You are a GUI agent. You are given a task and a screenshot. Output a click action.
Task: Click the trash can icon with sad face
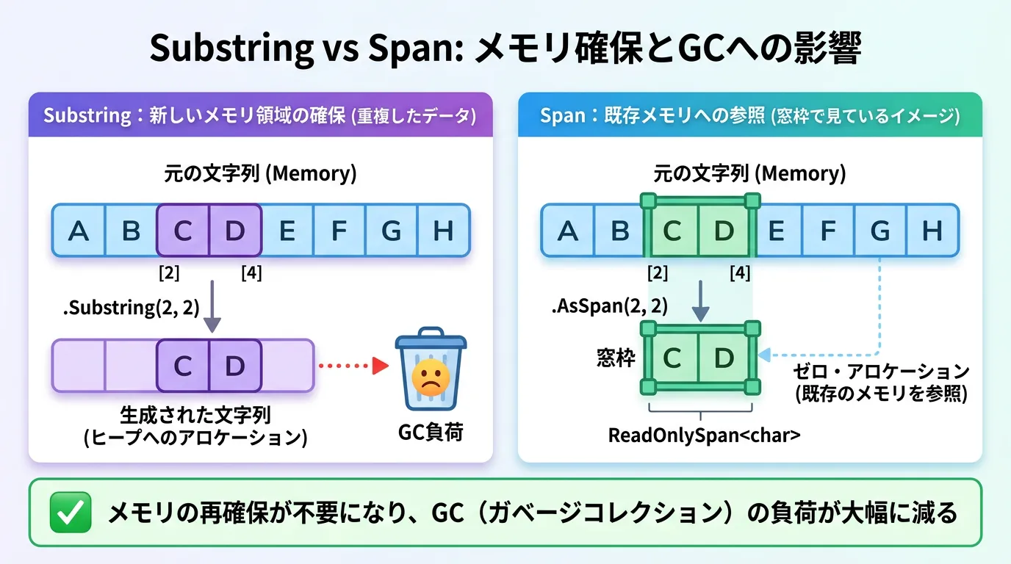point(430,372)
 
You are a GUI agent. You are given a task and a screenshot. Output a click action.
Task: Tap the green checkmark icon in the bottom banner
point(70,513)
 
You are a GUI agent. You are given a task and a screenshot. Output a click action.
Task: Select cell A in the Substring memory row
point(78,231)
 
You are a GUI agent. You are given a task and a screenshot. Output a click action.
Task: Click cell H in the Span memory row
point(932,231)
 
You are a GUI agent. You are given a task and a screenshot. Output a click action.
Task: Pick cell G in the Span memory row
point(879,231)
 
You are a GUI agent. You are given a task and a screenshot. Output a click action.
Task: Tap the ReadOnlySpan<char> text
point(704,435)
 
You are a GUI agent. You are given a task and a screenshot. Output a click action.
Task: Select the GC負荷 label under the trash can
point(431,433)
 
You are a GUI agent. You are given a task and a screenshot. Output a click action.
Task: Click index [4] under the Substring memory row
point(251,274)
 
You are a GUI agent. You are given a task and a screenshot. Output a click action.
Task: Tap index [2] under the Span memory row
point(658,274)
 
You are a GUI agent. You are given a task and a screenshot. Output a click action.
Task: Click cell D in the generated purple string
point(234,365)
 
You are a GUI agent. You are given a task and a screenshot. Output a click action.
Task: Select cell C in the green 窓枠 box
point(672,358)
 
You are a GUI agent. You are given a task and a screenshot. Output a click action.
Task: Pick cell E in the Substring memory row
point(287,231)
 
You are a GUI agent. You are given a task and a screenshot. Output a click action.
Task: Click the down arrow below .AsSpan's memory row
point(700,301)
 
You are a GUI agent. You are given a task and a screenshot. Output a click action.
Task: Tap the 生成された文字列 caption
point(195,416)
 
